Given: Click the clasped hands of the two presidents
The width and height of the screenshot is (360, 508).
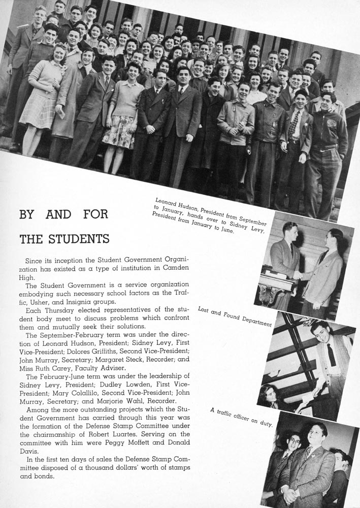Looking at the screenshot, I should [298, 274].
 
